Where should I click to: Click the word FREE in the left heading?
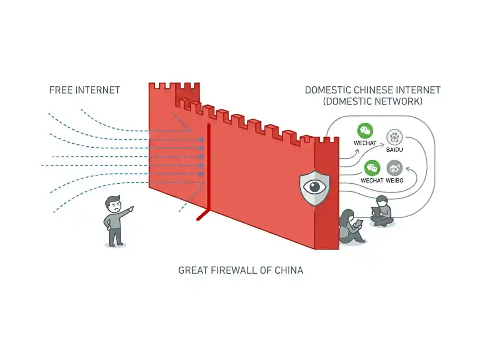61,90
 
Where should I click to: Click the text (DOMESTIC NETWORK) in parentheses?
372,101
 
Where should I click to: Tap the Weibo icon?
394,168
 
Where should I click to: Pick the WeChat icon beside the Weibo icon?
372,168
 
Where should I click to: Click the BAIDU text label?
394,149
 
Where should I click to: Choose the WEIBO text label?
394,180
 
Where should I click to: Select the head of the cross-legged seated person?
382,201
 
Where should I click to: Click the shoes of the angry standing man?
115,244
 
